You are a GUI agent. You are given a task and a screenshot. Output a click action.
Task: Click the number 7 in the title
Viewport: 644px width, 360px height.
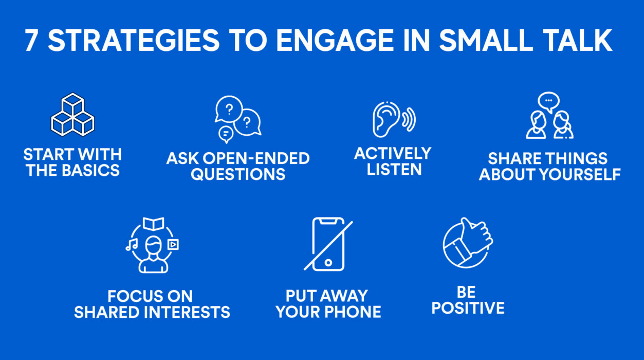pyautogui.click(x=31, y=41)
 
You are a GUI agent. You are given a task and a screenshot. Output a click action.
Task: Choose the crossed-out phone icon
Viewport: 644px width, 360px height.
pyautogui.click(x=328, y=244)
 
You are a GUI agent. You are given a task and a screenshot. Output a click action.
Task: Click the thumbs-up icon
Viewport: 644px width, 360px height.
pyautogui.click(x=467, y=242)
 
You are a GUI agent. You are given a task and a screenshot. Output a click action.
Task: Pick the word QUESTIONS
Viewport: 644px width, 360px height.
pyautogui.click(x=238, y=174)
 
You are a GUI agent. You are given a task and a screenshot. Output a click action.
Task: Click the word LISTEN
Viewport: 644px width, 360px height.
pyautogui.click(x=394, y=169)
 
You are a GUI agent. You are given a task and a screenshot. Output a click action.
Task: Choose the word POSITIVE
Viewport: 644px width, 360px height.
pyautogui.click(x=468, y=308)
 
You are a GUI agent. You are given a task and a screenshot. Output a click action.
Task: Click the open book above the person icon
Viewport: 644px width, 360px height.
pyautogui.click(x=153, y=224)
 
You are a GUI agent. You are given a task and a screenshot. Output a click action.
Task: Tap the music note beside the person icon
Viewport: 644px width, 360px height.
pyautogui.click(x=132, y=244)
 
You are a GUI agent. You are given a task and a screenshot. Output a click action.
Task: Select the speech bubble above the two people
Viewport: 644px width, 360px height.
pyautogui.click(x=548, y=101)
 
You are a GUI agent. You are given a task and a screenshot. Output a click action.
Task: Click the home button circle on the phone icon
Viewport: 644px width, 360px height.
pyautogui.click(x=328, y=263)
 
